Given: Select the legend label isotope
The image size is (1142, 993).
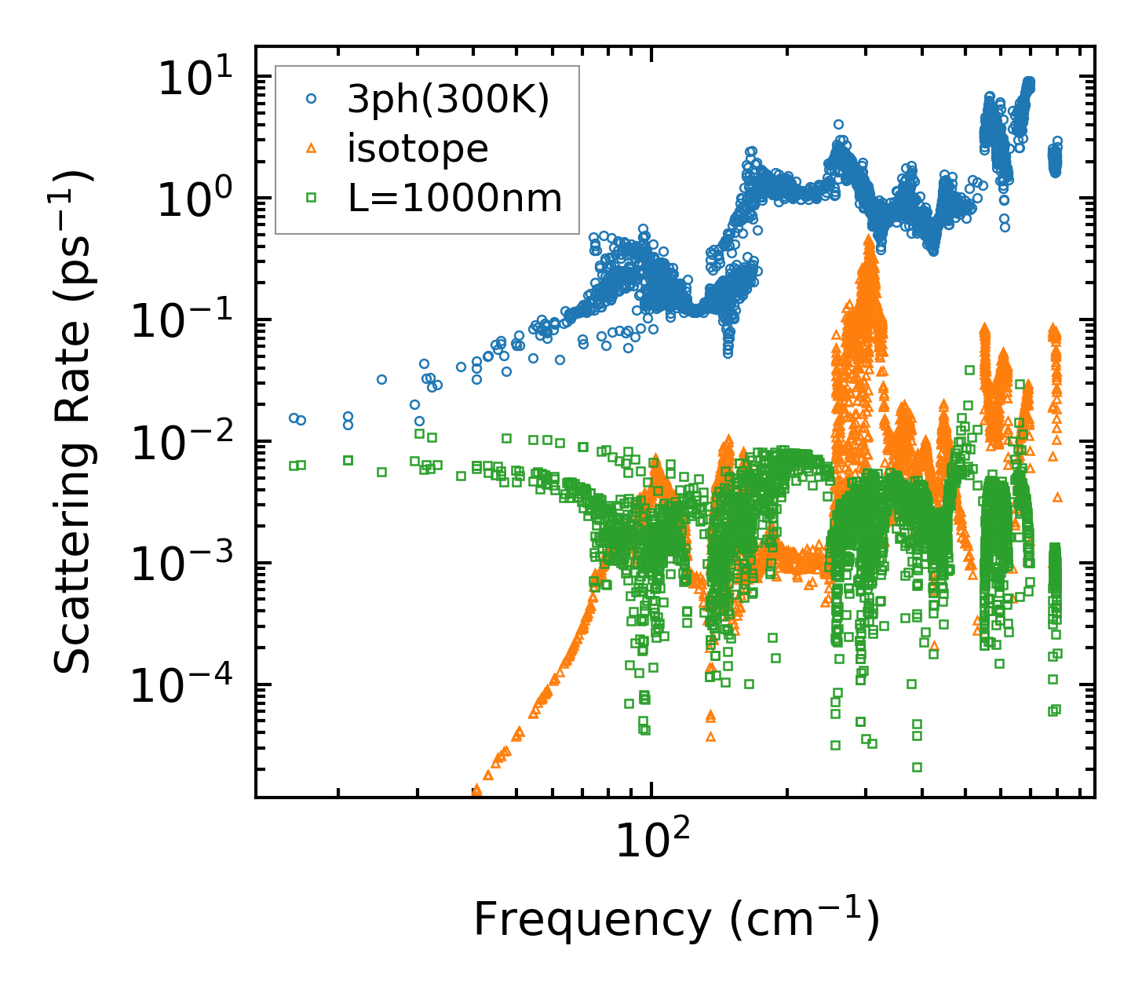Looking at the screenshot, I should click(418, 148).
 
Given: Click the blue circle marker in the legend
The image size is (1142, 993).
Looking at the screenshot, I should click(312, 100).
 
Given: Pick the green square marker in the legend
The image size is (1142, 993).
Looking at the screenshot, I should click(312, 198).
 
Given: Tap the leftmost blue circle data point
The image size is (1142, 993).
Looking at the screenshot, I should click(294, 418).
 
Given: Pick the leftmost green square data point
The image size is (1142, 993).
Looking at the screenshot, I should click(294, 465).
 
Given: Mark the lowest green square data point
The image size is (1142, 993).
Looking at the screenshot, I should click(916, 767).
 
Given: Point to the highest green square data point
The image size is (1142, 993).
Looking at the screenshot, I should click(969, 370).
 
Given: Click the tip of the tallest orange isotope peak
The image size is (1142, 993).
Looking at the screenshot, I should click(869, 237).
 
